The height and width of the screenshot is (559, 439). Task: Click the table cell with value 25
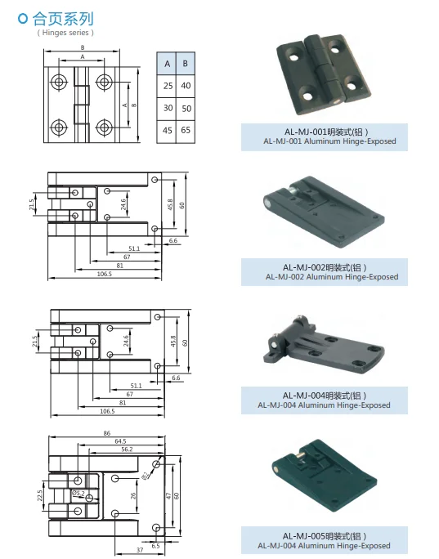click(167, 86)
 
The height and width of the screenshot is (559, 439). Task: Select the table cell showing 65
click(186, 130)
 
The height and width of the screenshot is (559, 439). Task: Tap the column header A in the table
click(167, 64)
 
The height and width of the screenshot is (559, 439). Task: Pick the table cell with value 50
click(186, 108)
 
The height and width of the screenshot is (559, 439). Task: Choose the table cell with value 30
click(167, 108)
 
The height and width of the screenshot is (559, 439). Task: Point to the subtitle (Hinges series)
click(65, 33)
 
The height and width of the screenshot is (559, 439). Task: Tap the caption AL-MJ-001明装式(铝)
click(325, 132)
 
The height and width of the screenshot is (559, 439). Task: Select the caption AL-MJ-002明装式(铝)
click(325, 267)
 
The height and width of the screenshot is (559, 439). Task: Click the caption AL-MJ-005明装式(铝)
click(325, 536)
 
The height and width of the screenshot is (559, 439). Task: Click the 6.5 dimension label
click(155, 544)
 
